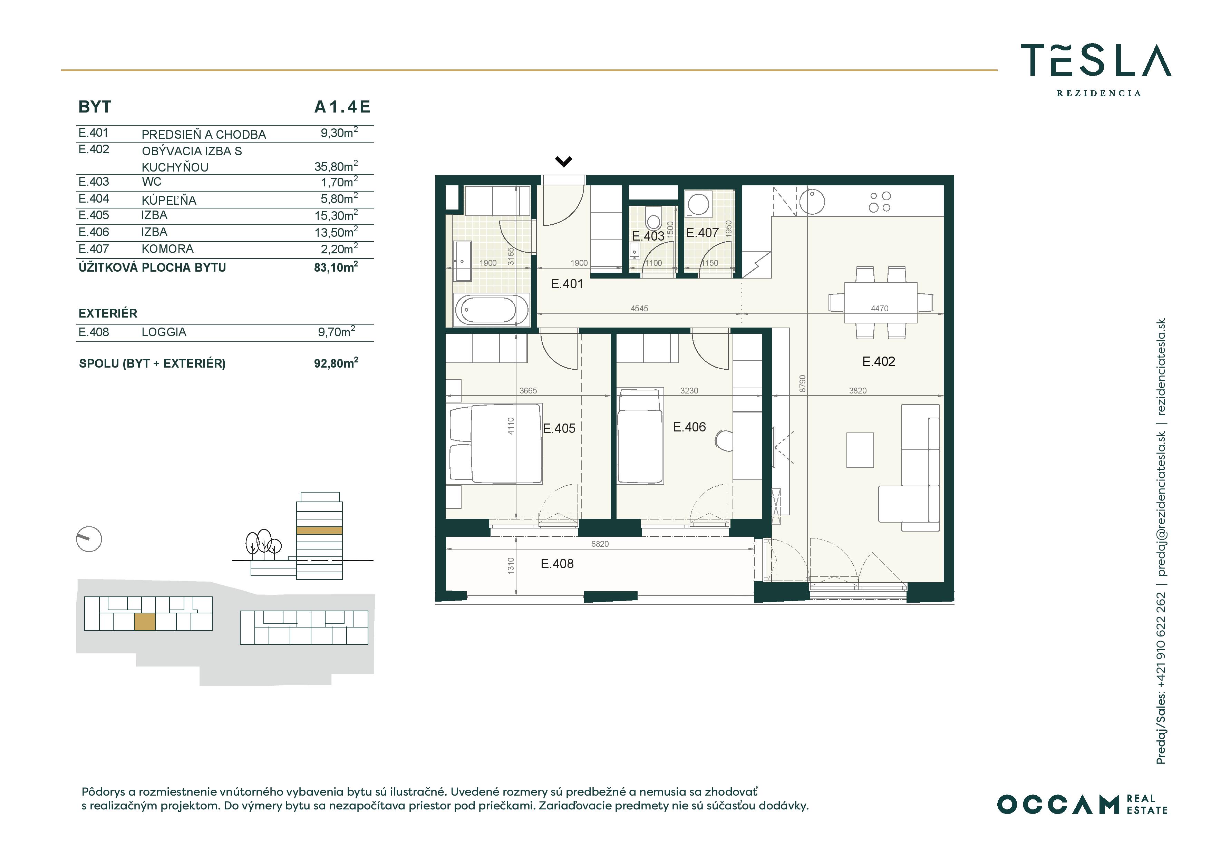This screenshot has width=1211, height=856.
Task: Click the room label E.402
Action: tap(879, 361)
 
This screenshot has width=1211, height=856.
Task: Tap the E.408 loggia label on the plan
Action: tap(557, 563)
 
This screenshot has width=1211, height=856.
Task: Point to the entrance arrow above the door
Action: tap(564, 162)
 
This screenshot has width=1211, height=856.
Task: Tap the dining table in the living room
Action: tap(880, 302)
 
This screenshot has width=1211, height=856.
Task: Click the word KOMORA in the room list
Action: tap(168, 249)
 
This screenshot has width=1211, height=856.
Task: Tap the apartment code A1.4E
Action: tap(342, 107)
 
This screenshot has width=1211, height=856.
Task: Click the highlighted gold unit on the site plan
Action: tap(145, 622)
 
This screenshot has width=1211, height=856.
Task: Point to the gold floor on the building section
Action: tap(319, 531)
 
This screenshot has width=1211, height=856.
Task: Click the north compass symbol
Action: tap(89, 539)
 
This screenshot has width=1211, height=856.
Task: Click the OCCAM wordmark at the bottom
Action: tap(1058, 804)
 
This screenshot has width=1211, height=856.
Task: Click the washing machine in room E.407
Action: tap(699, 204)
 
